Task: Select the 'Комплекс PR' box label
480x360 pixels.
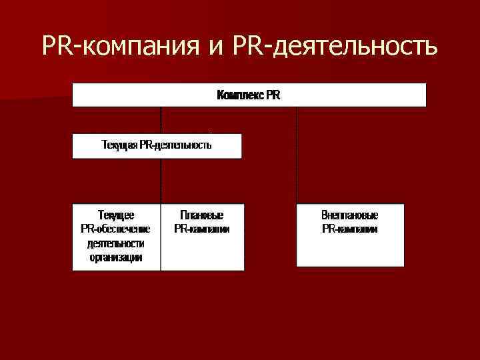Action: coord(249,95)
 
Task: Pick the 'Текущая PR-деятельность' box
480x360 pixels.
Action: coord(157,145)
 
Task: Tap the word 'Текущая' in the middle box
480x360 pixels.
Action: coord(119,145)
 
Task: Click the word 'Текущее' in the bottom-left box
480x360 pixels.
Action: coord(116,215)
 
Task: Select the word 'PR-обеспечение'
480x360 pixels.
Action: coord(116,229)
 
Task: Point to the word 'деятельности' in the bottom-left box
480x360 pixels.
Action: coord(116,243)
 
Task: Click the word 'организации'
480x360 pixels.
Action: coord(116,257)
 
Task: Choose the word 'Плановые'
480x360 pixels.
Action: coord(202,215)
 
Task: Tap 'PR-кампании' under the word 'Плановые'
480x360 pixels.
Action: coord(202,229)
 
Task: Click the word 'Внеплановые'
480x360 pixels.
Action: coord(350,215)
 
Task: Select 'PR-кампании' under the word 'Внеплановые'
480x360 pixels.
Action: coord(350,229)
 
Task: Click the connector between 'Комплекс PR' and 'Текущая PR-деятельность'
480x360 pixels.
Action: coord(161,120)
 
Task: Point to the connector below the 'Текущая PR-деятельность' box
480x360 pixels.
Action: coord(161,180)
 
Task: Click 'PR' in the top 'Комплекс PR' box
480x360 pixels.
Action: coord(273,95)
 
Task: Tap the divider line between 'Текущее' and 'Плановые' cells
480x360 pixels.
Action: coord(161,237)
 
